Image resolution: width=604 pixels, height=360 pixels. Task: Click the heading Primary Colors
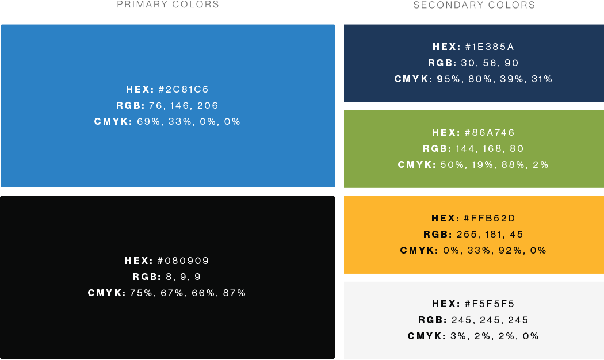(x=168, y=5)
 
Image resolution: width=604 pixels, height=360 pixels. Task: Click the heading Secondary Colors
(x=474, y=5)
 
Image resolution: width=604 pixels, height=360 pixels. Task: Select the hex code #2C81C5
(x=184, y=89)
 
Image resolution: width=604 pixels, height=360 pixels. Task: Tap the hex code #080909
(x=183, y=261)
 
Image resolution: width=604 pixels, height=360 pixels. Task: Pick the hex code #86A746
(x=490, y=132)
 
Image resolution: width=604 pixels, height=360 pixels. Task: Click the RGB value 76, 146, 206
(x=184, y=105)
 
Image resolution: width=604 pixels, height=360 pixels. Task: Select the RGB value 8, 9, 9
(x=183, y=277)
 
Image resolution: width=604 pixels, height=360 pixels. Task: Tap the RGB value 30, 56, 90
(x=490, y=63)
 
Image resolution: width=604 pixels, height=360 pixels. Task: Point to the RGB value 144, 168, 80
(x=490, y=148)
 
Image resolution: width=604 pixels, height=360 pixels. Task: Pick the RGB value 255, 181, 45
(x=490, y=234)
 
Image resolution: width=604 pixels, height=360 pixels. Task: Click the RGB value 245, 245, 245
(x=490, y=320)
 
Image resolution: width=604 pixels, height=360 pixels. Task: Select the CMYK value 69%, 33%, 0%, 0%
(x=189, y=121)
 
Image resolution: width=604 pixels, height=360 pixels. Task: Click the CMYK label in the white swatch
(x=426, y=336)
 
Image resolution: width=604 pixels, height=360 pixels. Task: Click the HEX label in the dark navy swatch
(x=446, y=47)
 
